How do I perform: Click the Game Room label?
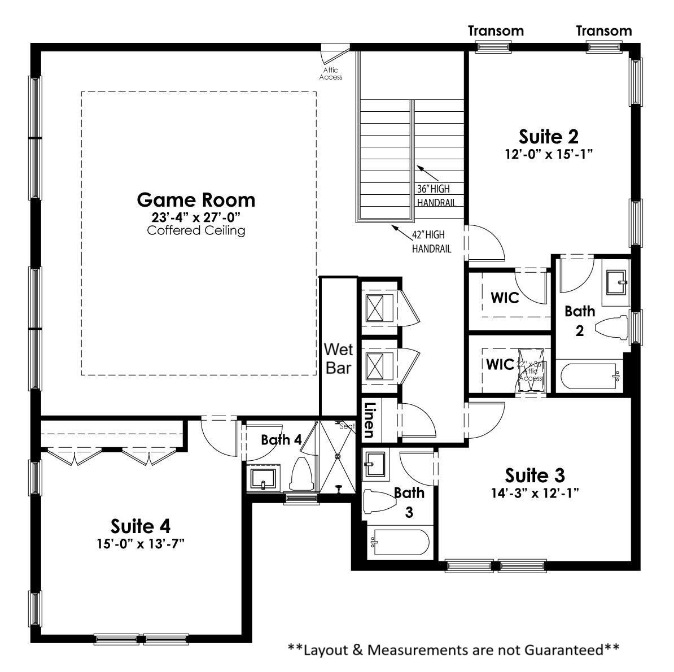(x=196, y=200)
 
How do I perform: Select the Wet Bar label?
(x=338, y=359)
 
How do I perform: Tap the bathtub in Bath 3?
(x=399, y=543)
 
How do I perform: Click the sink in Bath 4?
(x=264, y=478)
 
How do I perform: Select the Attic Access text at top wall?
(x=331, y=73)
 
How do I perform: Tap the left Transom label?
(x=496, y=30)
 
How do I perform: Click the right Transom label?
(x=604, y=30)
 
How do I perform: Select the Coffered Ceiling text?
(x=196, y=230)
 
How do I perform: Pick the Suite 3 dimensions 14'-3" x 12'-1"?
(x=535, y=492)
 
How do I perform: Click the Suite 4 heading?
(x=141, y=526)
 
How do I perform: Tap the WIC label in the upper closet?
(x=505, y=297)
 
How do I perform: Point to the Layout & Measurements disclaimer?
(x=453, y=649)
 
